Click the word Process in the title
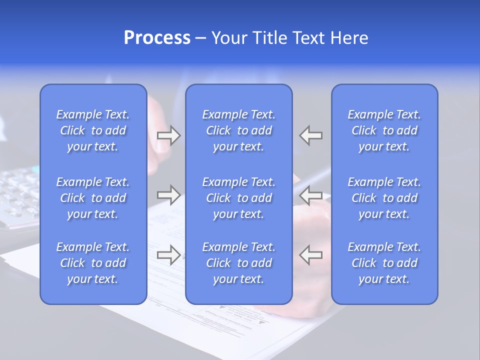point(157,38)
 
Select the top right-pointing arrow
point(169,135)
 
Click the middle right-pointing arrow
point(169,195)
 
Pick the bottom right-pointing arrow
point(169,254)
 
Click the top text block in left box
point(93,130)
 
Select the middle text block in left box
point(93,198)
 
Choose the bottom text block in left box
point(93,263)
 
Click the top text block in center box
point(239,130)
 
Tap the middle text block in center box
point(239,198)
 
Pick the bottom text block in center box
point(239,263)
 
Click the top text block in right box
point(384,130)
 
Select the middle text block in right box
point(384,198)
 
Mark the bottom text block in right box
point(384,263)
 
